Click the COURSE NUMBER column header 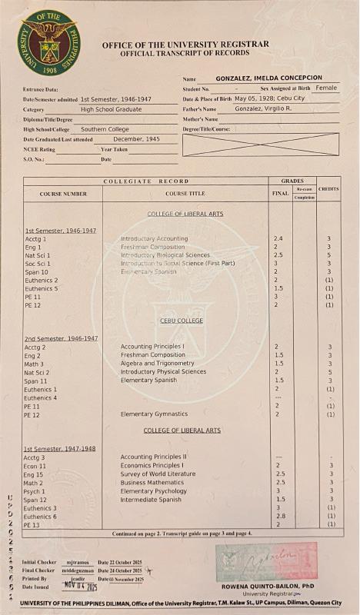coord(63,194)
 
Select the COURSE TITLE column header coord(185,194)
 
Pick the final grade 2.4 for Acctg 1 coord(278,239)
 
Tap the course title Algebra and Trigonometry coord(157,364)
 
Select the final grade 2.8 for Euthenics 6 coord(279,517)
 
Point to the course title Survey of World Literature coord(158,474)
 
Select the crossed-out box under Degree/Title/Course coord(260,145)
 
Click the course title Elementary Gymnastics coord(153,414)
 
